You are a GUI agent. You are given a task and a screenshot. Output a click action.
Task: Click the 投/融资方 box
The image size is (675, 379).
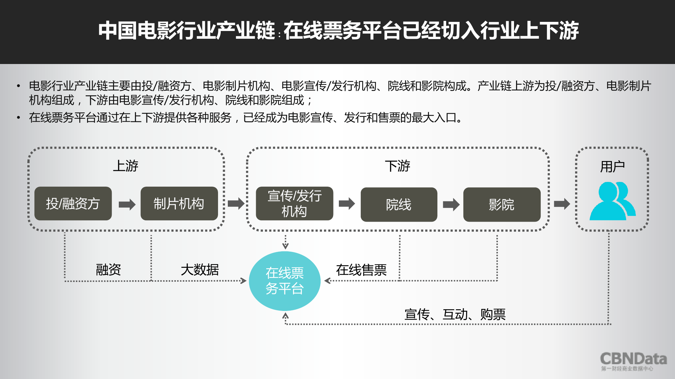[73, 203]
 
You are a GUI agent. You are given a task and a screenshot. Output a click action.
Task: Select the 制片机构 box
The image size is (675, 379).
[179, 203]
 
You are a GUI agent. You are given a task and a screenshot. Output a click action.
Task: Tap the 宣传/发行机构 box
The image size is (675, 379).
[294, 203]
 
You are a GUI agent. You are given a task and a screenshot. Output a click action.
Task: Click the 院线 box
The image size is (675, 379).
[399, 204]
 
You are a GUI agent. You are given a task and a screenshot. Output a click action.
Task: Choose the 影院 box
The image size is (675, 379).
[502, 204]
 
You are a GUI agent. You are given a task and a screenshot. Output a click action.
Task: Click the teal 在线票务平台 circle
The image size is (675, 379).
[285, 281]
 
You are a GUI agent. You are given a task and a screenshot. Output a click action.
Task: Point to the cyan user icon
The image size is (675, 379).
[612, 201]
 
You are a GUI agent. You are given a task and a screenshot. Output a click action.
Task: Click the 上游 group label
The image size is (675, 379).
[126, 166]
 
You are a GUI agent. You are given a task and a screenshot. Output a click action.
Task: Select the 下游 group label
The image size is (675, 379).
[398, 166]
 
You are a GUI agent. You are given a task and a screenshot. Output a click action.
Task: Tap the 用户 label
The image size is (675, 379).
[612, 166]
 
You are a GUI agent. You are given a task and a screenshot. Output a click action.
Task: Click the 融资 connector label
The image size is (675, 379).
[108, 270]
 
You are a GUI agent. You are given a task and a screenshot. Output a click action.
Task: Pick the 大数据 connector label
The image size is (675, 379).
[200, 270]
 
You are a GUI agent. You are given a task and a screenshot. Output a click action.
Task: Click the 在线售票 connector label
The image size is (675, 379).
[361, 270]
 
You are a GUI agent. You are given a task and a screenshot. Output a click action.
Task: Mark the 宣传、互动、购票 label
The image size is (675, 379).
[455, 314]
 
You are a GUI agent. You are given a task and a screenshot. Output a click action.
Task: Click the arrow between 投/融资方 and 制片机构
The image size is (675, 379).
[127, 204]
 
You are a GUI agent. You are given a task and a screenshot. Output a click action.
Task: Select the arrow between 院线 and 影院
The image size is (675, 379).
[451, 204]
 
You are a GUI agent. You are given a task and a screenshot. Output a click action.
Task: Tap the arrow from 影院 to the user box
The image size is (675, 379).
[562, 203]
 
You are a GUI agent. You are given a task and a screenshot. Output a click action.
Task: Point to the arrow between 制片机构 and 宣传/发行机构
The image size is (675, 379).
[236, 203]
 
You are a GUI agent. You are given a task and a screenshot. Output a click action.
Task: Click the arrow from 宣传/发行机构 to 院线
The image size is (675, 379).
[347, 203]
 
